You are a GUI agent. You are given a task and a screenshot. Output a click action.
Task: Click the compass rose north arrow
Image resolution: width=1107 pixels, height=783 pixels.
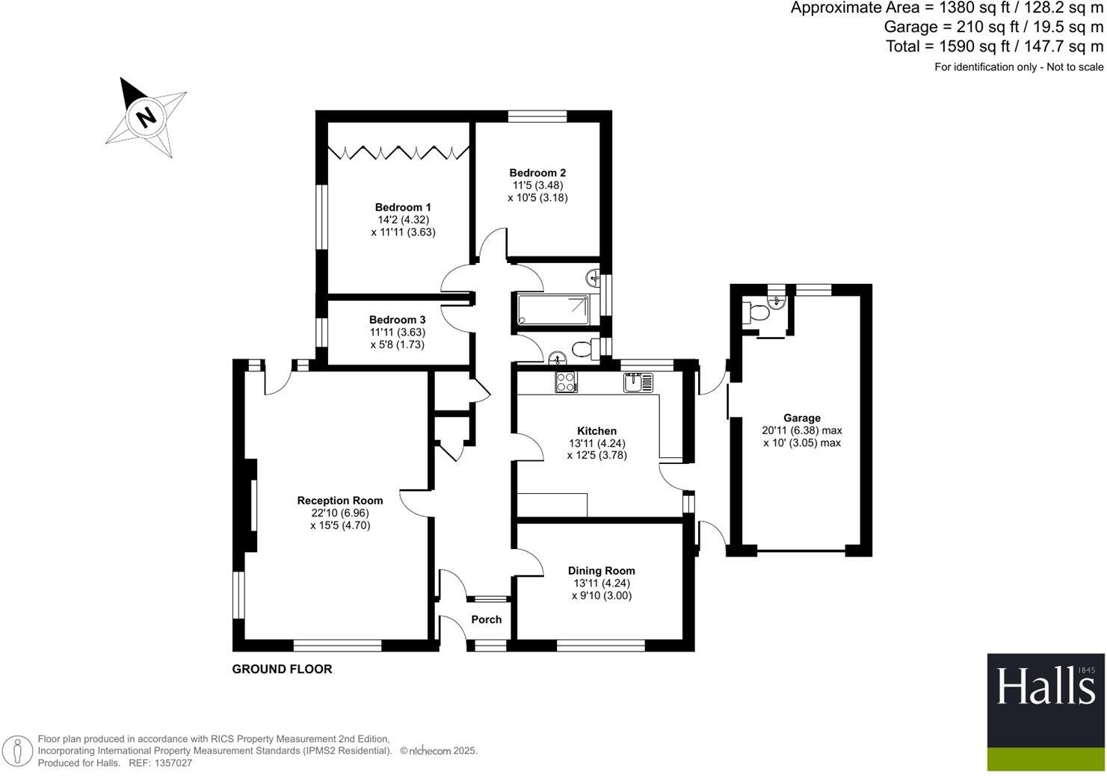click(146, 117)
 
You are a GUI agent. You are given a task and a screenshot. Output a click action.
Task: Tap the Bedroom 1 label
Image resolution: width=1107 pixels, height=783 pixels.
click(403, 207)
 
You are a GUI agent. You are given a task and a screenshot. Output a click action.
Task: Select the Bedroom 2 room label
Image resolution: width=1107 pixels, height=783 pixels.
click(537, 173)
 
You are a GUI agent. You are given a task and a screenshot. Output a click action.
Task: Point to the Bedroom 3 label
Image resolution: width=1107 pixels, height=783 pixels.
click(397, 320)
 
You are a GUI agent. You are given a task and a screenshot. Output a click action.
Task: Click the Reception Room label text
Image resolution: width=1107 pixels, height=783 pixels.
click(340, 501)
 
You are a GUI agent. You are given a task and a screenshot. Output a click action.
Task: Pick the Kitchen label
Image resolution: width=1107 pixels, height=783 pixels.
click(596, 431)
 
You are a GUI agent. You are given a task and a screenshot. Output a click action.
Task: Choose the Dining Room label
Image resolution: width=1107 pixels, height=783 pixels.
click(601, 571)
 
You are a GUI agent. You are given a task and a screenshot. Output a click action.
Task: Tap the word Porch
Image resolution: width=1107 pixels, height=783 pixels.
click(487, 619)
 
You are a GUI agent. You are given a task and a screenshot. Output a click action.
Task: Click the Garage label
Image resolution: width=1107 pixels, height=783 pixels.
click(801, 418)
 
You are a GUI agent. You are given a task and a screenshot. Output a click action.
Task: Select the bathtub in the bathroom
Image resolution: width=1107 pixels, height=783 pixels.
click(552, 310)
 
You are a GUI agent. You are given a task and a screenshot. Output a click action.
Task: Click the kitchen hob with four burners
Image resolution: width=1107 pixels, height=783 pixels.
click(565, 382)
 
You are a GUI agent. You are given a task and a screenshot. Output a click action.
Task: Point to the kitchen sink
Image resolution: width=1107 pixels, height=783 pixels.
click(638, 383)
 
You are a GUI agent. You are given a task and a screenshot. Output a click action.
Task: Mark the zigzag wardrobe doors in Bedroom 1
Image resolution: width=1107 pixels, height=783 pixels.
click(397, 153)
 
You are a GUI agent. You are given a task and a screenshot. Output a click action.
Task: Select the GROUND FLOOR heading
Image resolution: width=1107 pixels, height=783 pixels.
click(282, 669)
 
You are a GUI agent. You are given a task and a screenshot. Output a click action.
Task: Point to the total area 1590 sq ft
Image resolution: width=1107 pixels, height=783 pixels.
click(994, 46)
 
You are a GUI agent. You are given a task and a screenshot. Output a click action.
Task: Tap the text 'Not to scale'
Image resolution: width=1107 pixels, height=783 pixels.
click(1074, 67)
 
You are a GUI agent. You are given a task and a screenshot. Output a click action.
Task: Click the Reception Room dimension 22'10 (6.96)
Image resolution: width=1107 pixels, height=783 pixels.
click(340, 513)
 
